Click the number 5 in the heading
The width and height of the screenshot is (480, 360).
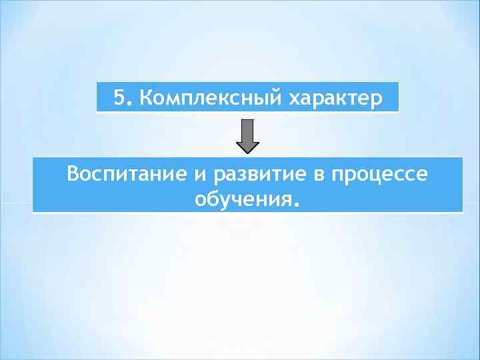point(118,99)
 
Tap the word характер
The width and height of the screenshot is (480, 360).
point(336,99)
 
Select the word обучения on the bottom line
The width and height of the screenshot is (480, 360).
point(241,199)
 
